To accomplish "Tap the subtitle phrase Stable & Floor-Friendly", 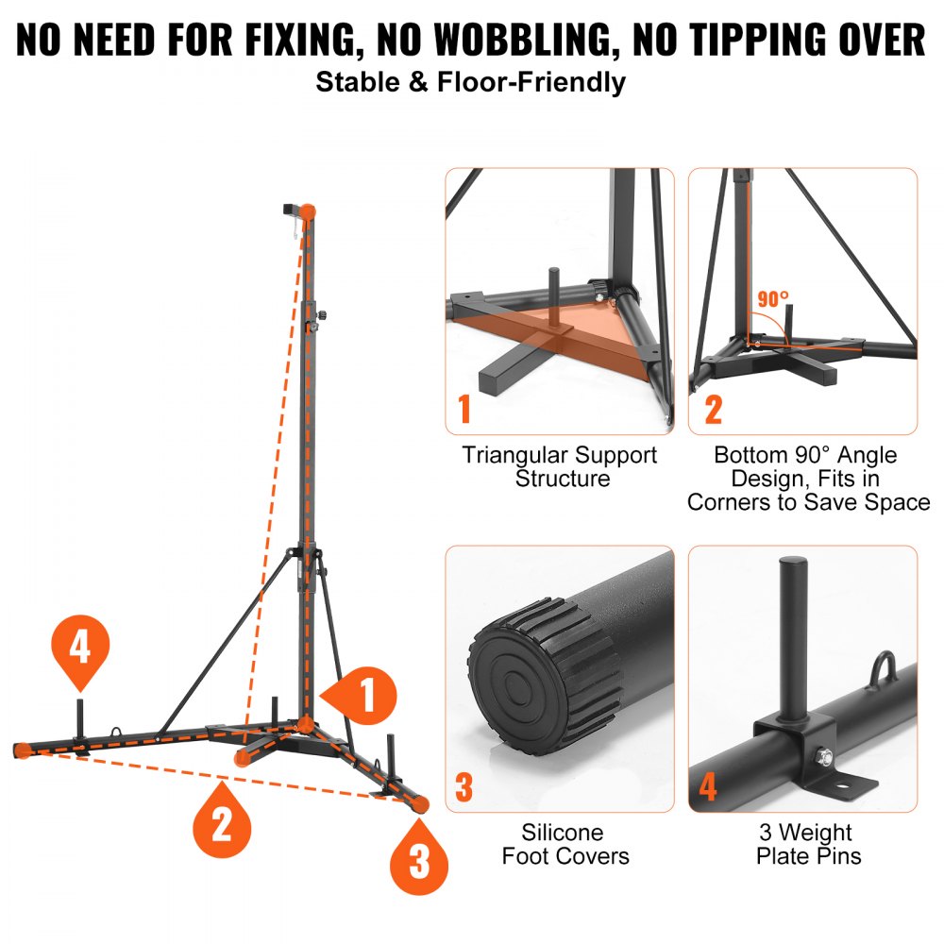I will (470, 81).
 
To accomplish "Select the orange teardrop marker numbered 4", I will (80, 649).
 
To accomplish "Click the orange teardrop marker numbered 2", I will (222, 824).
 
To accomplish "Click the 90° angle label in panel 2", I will (772, 300).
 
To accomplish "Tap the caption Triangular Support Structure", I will (560, 466).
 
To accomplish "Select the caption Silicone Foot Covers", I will (565, 844).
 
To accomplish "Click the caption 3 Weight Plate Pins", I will (804, 844).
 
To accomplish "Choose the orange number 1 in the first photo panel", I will (464, 410).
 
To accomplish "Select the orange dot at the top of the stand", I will (309, 211).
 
